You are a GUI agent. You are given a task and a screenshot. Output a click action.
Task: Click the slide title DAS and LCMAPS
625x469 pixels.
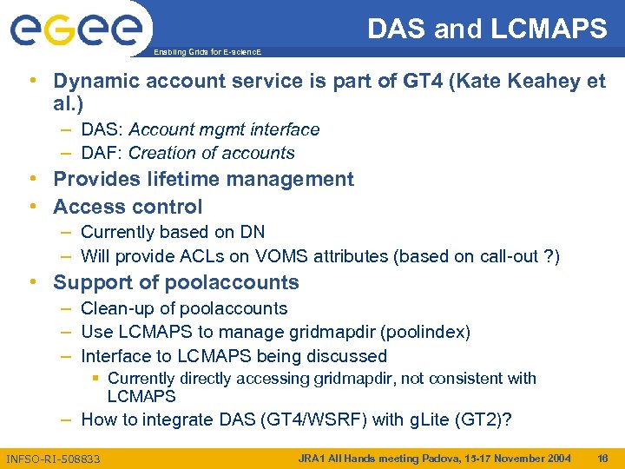click(x=487, y=30)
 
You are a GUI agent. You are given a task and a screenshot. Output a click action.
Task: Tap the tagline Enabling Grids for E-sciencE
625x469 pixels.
click(x=206, y=53)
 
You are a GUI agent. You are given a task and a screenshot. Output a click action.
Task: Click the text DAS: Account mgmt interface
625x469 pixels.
click(x=200, y=129)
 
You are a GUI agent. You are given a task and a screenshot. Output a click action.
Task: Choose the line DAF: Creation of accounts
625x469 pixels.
click(x=187, y=153)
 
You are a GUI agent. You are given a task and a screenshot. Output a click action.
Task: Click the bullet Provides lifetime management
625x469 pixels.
click(x=203, y=180)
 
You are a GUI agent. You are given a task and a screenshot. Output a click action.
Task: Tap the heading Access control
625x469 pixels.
click(x=128, y=207)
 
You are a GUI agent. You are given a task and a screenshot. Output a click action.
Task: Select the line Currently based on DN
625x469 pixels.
click(x=173, y=232)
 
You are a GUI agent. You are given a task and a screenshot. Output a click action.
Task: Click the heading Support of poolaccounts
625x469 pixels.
click(x=175, y=282)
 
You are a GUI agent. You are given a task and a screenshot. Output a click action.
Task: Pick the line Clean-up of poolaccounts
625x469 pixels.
click(x=184, y=308)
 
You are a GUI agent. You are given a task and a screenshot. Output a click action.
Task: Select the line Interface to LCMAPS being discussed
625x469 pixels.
click(x=234, y=356)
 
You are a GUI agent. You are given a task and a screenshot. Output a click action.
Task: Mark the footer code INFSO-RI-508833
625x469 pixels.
click(x=53, y=459)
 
